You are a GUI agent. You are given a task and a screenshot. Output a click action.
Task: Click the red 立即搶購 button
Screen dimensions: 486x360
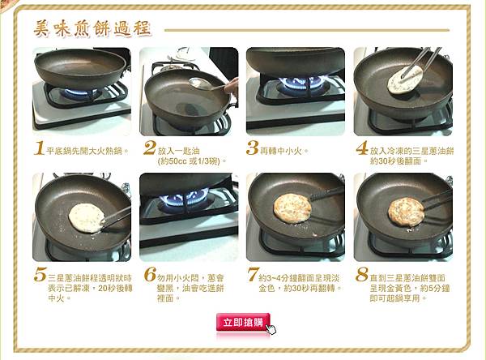[x=243, y=322]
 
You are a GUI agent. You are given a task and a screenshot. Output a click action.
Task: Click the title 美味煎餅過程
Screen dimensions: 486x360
[x=92, y=29]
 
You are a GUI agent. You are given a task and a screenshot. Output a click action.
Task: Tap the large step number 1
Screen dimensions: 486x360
[x=40, y=148]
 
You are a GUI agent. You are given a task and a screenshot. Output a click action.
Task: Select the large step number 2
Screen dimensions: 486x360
[x=149, y=148]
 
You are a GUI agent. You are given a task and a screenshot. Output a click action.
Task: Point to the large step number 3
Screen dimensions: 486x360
[x=252, y=148]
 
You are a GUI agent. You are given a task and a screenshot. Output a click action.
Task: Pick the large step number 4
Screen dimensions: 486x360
[x=362, y=148]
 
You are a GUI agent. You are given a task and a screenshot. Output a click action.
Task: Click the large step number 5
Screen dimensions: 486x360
[x=40, y=275]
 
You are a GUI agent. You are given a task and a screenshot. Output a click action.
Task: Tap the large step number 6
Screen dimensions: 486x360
[x=150, y=275]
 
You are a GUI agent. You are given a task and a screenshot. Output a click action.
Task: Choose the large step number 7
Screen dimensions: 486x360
[x=253, y=275]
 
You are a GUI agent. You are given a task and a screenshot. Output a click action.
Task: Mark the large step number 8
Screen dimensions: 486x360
[x=362, y=275]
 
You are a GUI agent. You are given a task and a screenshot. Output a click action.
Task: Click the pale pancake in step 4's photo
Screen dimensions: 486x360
[x=405, y=79]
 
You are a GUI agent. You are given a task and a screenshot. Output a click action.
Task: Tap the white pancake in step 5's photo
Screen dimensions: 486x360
[x=86, y=218]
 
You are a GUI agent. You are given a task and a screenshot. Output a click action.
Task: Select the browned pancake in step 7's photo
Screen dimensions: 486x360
[x=292, y=208]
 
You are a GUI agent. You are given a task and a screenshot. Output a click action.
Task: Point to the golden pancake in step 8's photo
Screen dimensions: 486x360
[x=406, y=212]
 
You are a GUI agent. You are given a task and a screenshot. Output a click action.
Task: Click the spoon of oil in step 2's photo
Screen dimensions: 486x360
[x=201, y=84]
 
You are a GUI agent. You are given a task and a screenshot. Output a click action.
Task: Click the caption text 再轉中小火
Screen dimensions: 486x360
[x=280, y=152]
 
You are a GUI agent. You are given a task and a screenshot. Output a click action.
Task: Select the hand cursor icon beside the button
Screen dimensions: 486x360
[x=271, y=329]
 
